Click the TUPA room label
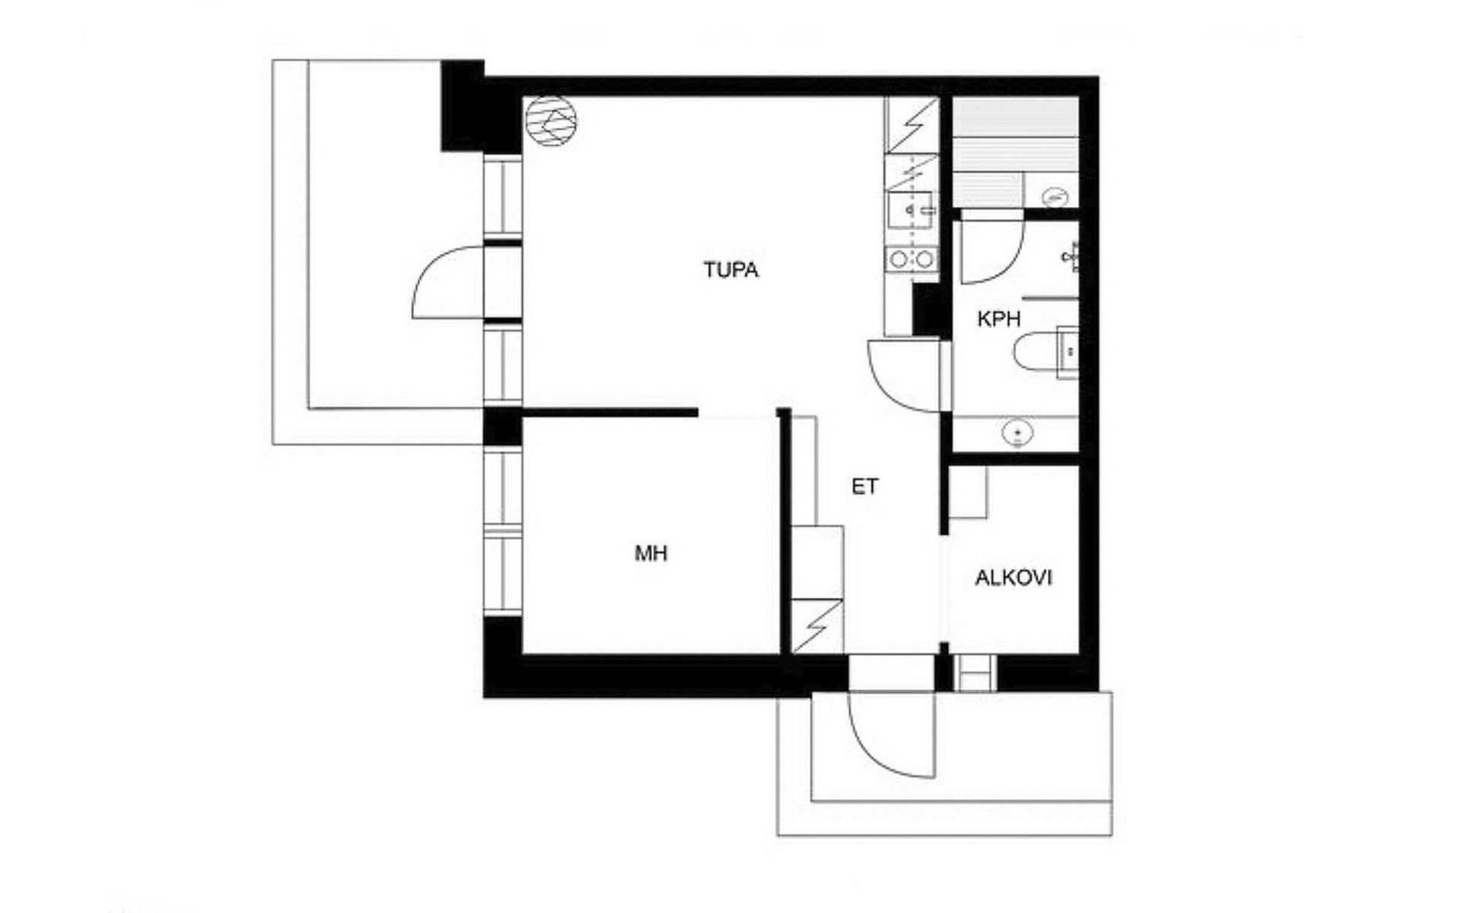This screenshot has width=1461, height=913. pyautogui.click(x=730, y=270)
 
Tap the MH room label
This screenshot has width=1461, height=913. pyautogui.click(x=651, y=553)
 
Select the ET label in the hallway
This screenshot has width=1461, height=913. pyautogui.click(x=864, y=486)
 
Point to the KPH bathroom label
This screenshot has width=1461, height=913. pyautogui.click(x=998, y=319)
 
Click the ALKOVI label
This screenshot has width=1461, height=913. pyautogui.click(x=1014, y=577)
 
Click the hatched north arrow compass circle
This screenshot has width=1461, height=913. pyautogui.click(x=551, y=122)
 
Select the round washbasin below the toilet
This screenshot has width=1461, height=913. pyautogui.click(x=1017, y=434)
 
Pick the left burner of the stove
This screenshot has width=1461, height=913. pyautogui.click(x=899, y=259)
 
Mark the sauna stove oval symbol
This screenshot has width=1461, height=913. pyautogui.click(x=1055, y=196)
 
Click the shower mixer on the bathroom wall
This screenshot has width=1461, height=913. pyautogui.click(x=1071, y=256)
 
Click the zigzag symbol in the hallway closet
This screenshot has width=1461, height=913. pyautogui.click(x=816, y=625)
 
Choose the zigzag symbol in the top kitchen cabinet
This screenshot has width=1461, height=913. pyautogui.click(x=912, y=124)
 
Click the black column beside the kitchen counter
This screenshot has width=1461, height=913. pyautogui.click(x=928, y=309)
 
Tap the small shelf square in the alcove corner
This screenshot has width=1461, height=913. pyautogui.click(x=968, y=491)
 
